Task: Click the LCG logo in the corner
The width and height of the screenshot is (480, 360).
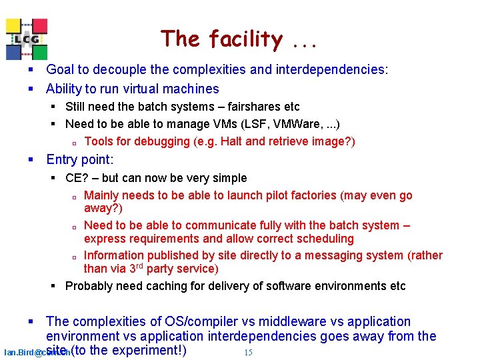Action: (27, 39)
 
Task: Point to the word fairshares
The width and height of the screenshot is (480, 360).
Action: (254, 107)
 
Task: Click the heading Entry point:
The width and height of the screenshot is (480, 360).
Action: (80, 159)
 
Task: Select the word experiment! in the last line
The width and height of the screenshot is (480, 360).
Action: (149, 351)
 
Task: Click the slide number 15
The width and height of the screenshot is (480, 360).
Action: (248, 352)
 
